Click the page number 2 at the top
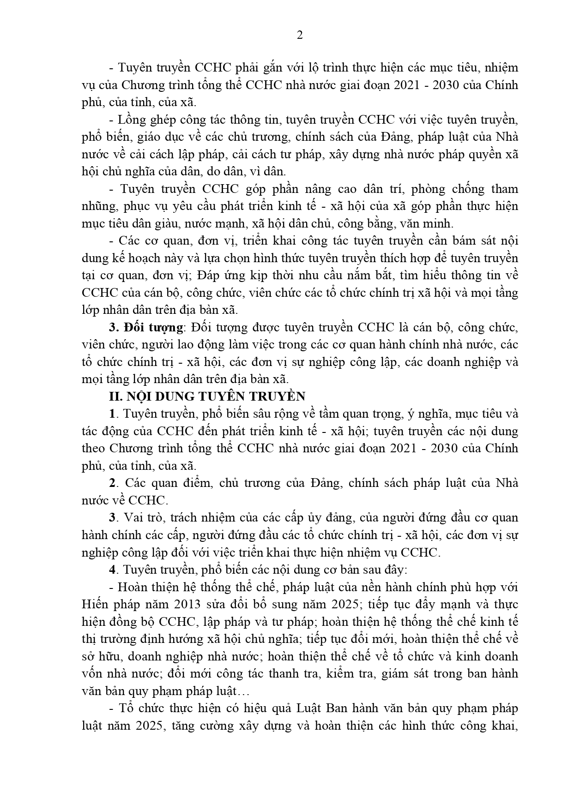click(300, 35)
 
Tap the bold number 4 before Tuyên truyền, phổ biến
click(112, 570)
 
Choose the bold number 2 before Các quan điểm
click(112, 483)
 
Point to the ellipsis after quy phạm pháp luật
click(245, 691)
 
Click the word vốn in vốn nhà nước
click(92, 673)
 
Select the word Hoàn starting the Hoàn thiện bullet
click(133, 587)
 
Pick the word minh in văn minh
click(440, 224)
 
